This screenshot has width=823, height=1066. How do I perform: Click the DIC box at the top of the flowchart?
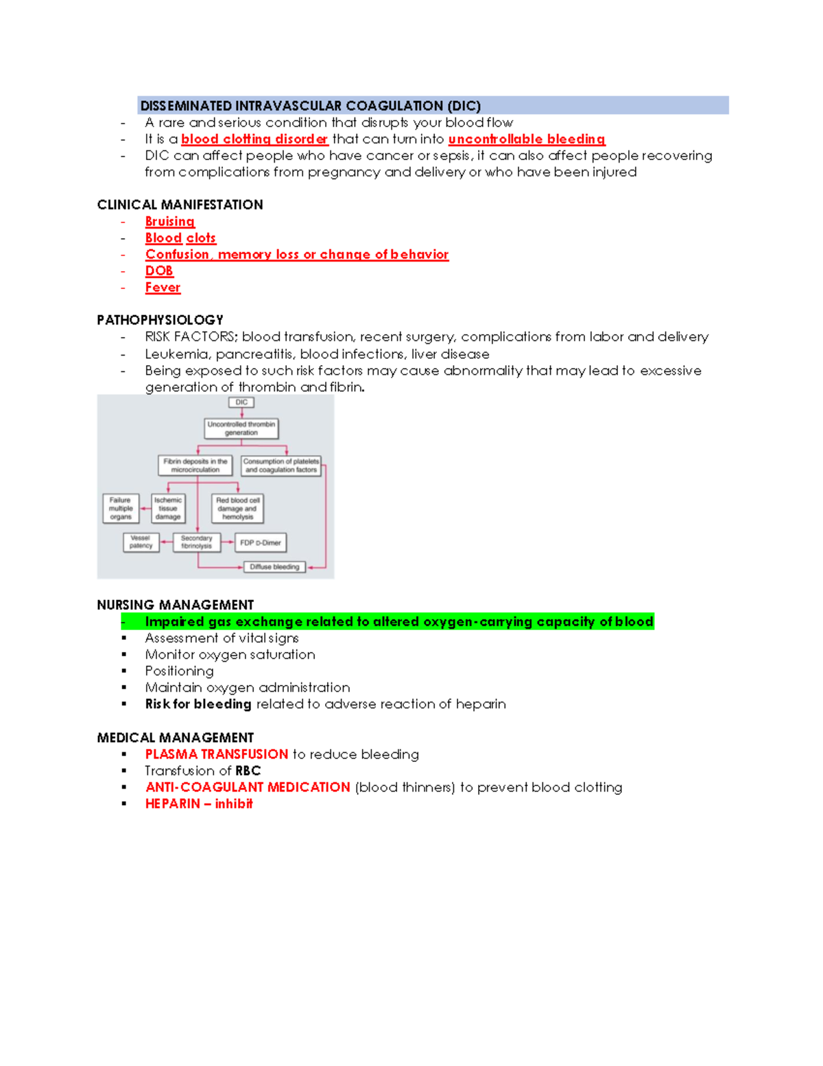click(x=241, y=402)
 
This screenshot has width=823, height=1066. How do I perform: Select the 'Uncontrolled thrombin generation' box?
click(x=241, y=428)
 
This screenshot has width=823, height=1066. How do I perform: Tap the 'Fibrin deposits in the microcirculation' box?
click(x=195, y=465)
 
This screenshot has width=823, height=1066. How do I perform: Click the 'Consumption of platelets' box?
click(x=281, y=465)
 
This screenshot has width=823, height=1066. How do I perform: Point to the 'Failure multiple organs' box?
click(x=121, y=509)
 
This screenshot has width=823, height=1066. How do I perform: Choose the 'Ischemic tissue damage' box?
click(x=168, y=509)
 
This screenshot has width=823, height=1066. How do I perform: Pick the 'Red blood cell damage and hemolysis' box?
click(x=238, y=509)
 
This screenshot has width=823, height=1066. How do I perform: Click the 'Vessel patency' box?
click(x=141, y=542)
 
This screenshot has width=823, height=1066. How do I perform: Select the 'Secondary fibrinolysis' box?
click(x=197, y=542)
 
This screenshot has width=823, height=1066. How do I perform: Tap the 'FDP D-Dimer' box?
click(x=261, y=542)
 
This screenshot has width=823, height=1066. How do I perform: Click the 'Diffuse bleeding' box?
click(x=274, y=567)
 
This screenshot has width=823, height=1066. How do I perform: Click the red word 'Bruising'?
click(x=170, y=222)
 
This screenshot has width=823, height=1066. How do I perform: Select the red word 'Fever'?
click(x=163, y=288)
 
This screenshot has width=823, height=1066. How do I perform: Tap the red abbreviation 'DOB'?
click(x=159, y=271)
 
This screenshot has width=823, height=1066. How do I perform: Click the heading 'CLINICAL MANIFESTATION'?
click(x=180, y=205)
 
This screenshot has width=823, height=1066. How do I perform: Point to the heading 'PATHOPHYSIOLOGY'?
click(x=160, y=320)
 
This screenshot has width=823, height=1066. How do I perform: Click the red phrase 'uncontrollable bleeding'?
click(x=526, y=139)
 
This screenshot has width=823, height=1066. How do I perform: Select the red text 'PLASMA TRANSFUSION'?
click(x=217, y=754)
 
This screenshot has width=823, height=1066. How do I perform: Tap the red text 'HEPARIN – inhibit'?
click(x=199, y=804)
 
